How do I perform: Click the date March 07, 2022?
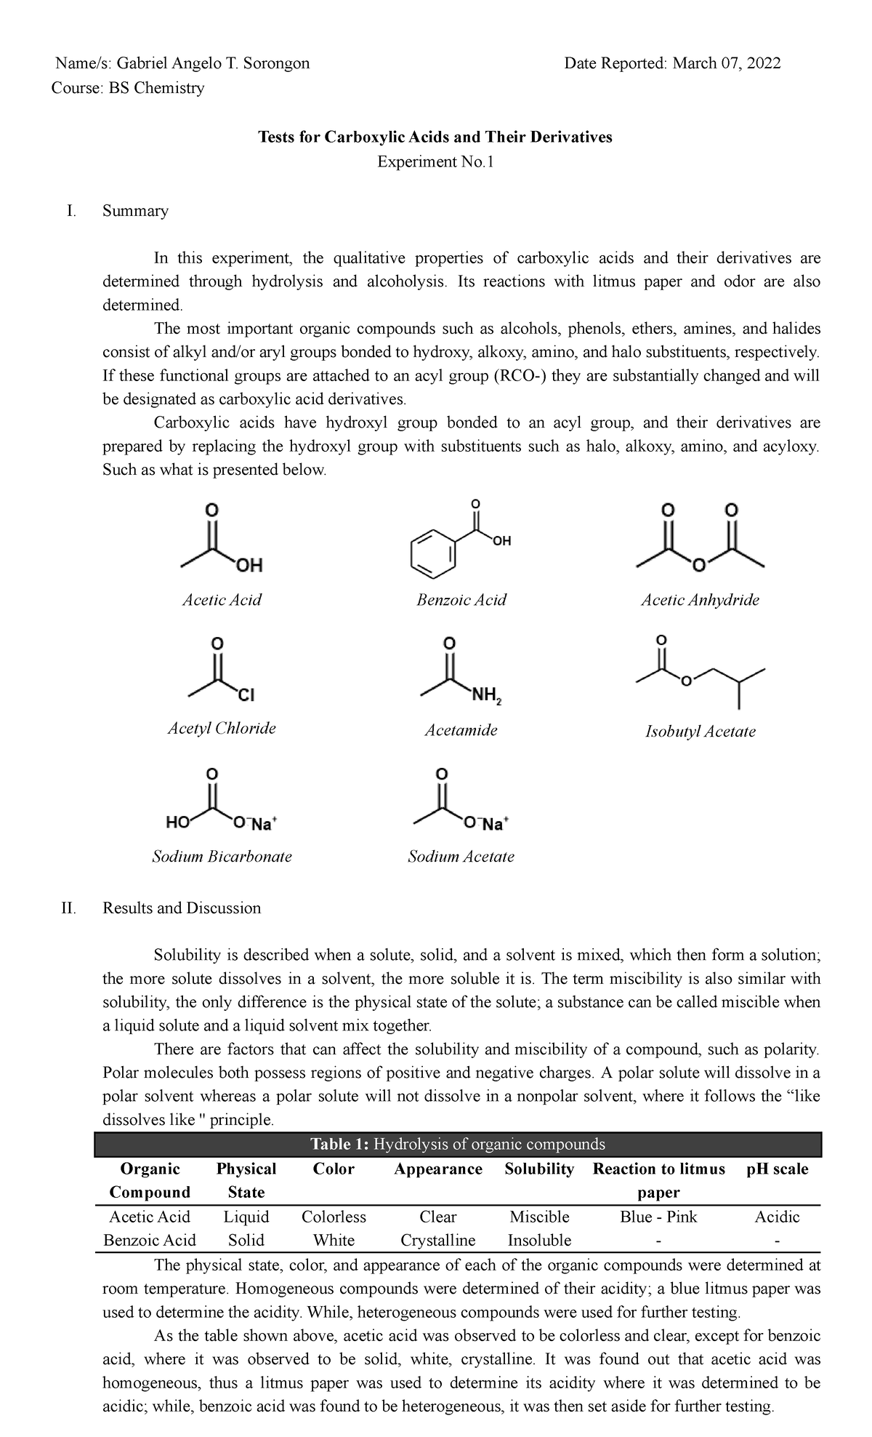click(726, 63)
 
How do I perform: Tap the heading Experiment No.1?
click(435, 161)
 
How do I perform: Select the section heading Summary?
click(135, 211)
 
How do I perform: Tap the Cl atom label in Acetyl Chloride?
click(246, 696)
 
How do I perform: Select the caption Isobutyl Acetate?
click(700, 732)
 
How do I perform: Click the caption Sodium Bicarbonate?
click(222, 857)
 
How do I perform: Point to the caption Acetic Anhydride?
click(700, 600)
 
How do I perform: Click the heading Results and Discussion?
click(182, 908)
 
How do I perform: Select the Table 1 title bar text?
click(458, 1144)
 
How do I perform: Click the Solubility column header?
click(539, 1169)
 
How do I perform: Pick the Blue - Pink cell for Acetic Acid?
click(658, 1217)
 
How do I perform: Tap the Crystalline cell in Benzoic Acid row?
click(437, 1240)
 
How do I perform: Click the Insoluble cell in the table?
click(539, 1240)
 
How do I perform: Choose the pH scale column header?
click(777, 1169)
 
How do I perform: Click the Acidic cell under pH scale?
click(777, 1217)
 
